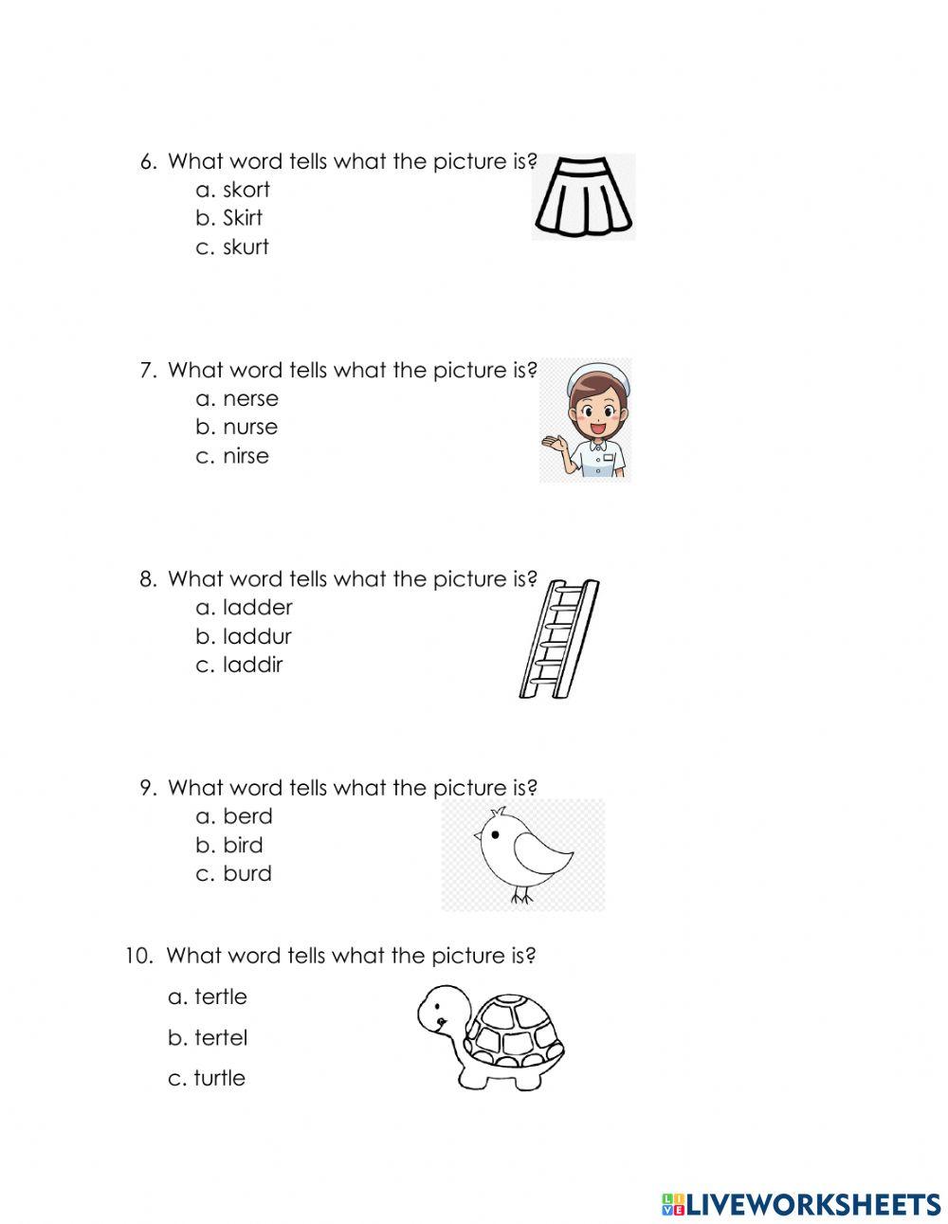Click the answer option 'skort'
(x=246, y=190)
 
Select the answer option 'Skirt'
(x=242, y=218)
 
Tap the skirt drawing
(x=583, y=197)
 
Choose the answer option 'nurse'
(x=249, y=428)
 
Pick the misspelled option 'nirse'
(x=246, y=456)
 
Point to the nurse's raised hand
(x=553, y=443)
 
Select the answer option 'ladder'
(x=257, y=608)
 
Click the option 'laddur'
(x=256, y=636)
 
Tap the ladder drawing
(x=559, y=638)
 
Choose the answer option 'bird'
(x=243, y=845)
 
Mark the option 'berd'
(x=247, y=816)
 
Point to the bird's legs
(x=520, y=893)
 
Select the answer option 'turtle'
(x=219, y=1078)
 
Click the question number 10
(x=138, y=956)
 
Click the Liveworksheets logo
(x=800, y=1204)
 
